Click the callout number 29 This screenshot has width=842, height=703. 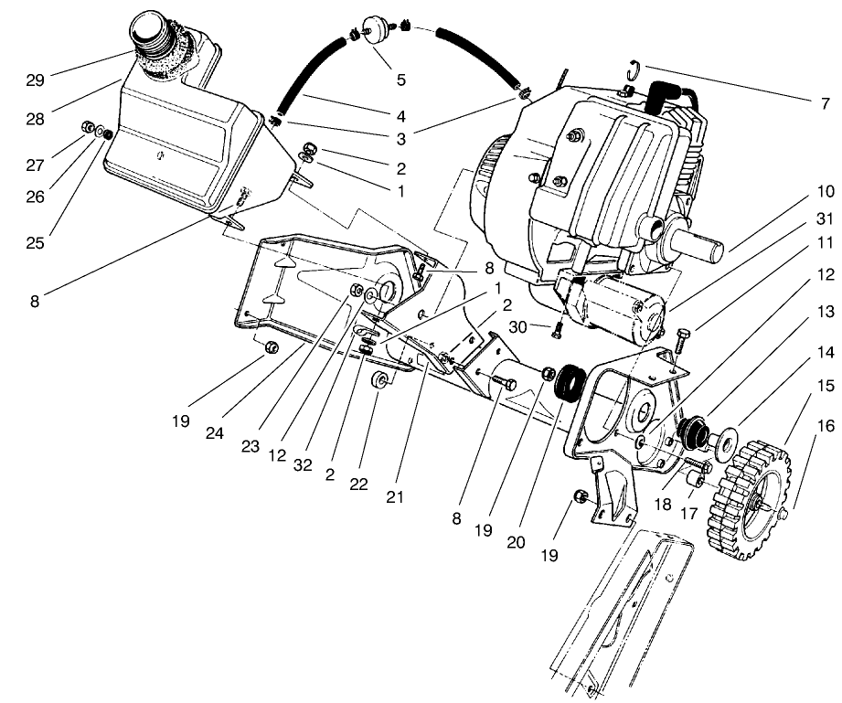click(x=35, y=79)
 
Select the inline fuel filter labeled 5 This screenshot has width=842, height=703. click(x=372, y=27)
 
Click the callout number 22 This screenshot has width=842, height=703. click(x=358, y=484)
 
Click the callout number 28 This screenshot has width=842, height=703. click(x=35, y=120)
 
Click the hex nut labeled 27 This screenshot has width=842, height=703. click(x=90, y=126)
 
